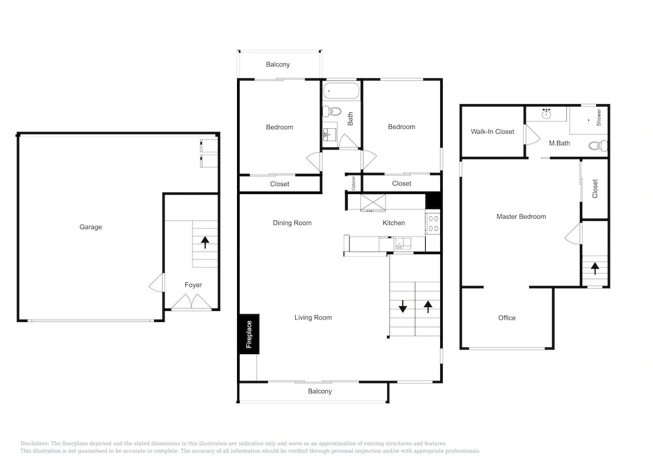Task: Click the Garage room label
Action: tap(90, 227)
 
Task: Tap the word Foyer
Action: tap(193, 285)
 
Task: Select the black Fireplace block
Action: tap(249, 334)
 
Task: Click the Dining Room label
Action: tap(292, 223)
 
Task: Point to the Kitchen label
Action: tap(394, 223)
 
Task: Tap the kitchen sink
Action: tap(403, 243)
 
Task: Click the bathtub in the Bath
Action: tap(341, 91)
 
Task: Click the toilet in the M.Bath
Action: tap(598, 146)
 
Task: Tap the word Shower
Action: tap(599, 118)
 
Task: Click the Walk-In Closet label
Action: tap(492, 131)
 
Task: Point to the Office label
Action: tap(507, 318)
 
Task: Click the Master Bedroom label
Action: tap(521, 217)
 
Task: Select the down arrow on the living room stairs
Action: tap(403, 306)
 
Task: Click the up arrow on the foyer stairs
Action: tap(205, 242)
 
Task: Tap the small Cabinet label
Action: tap(353, 184)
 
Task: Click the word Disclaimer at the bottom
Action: tap(35, 444)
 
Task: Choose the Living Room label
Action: tap(313, 318)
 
